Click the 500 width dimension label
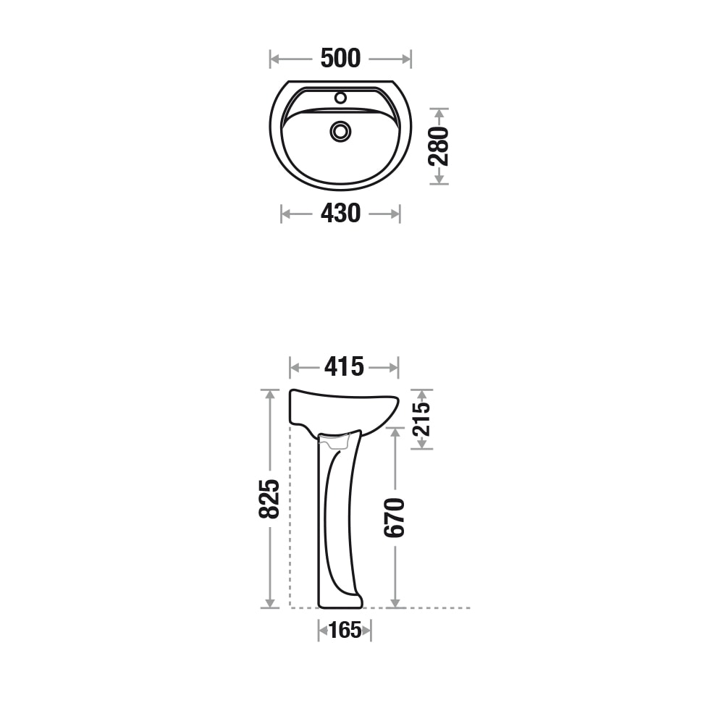340,59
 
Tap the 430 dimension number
340,214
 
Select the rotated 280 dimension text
439,146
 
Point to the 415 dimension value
344,367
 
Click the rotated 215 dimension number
421,419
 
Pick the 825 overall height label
269,499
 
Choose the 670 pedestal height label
395,518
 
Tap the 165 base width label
345,631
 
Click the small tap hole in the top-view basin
341,98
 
